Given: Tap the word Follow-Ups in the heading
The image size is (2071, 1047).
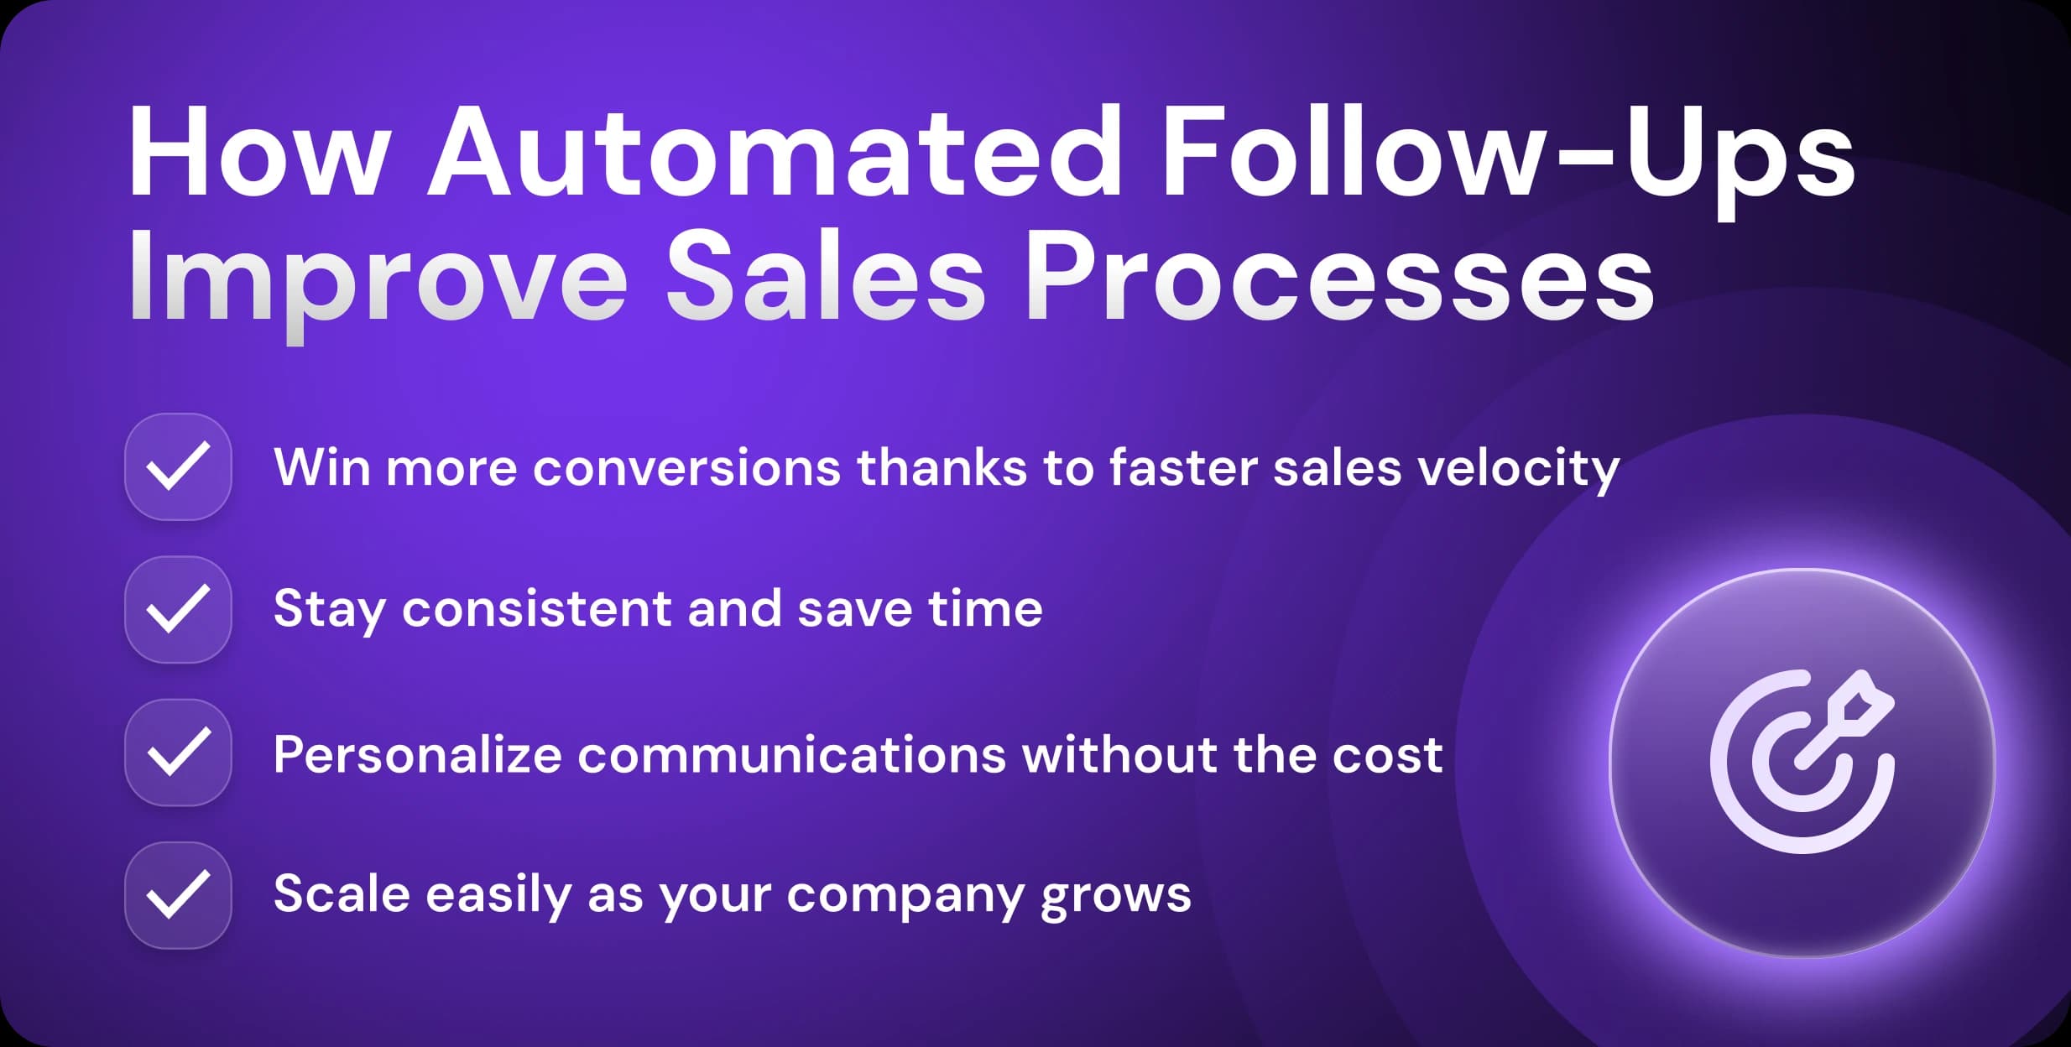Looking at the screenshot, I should pyautogui.click(x=1506, y=153).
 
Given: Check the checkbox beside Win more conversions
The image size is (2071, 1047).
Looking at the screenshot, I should pyautogui.click(x=178, y=466).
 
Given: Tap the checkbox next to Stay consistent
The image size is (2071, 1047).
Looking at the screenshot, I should pyautogui.click(x=178, y=609).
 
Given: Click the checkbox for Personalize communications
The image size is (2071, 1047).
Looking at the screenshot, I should pyautogui.click(x=178, y=752).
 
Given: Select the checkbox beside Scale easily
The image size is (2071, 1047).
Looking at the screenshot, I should pyautogui.click(x=178, y=894).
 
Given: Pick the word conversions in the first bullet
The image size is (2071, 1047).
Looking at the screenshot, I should pyautogui.click(x=686, y=468).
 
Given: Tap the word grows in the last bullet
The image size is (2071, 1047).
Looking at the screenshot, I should pyautogui.click(x=1115, y=896).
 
